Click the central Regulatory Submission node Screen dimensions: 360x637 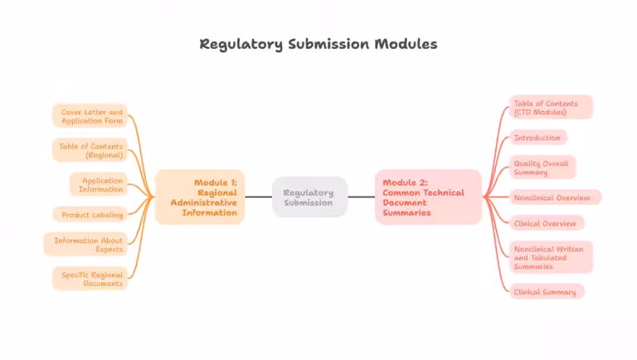(x=309, y=197)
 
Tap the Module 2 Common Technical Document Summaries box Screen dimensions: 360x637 (x=427, y=197)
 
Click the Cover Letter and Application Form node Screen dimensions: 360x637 (x=90, y=116)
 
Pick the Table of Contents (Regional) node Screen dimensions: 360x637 (x=90, y=150)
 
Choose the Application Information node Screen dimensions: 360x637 (x=100, y=184)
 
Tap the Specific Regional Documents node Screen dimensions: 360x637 (x=90, y=279)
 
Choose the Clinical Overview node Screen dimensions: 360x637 (x=547, y=223)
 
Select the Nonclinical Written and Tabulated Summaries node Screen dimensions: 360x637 (x=551, y=257)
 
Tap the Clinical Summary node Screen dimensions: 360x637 (x=547, y=292)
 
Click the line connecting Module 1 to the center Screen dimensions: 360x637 (x=258, y=197)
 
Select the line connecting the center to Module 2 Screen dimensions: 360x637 (x=361, y=197)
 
